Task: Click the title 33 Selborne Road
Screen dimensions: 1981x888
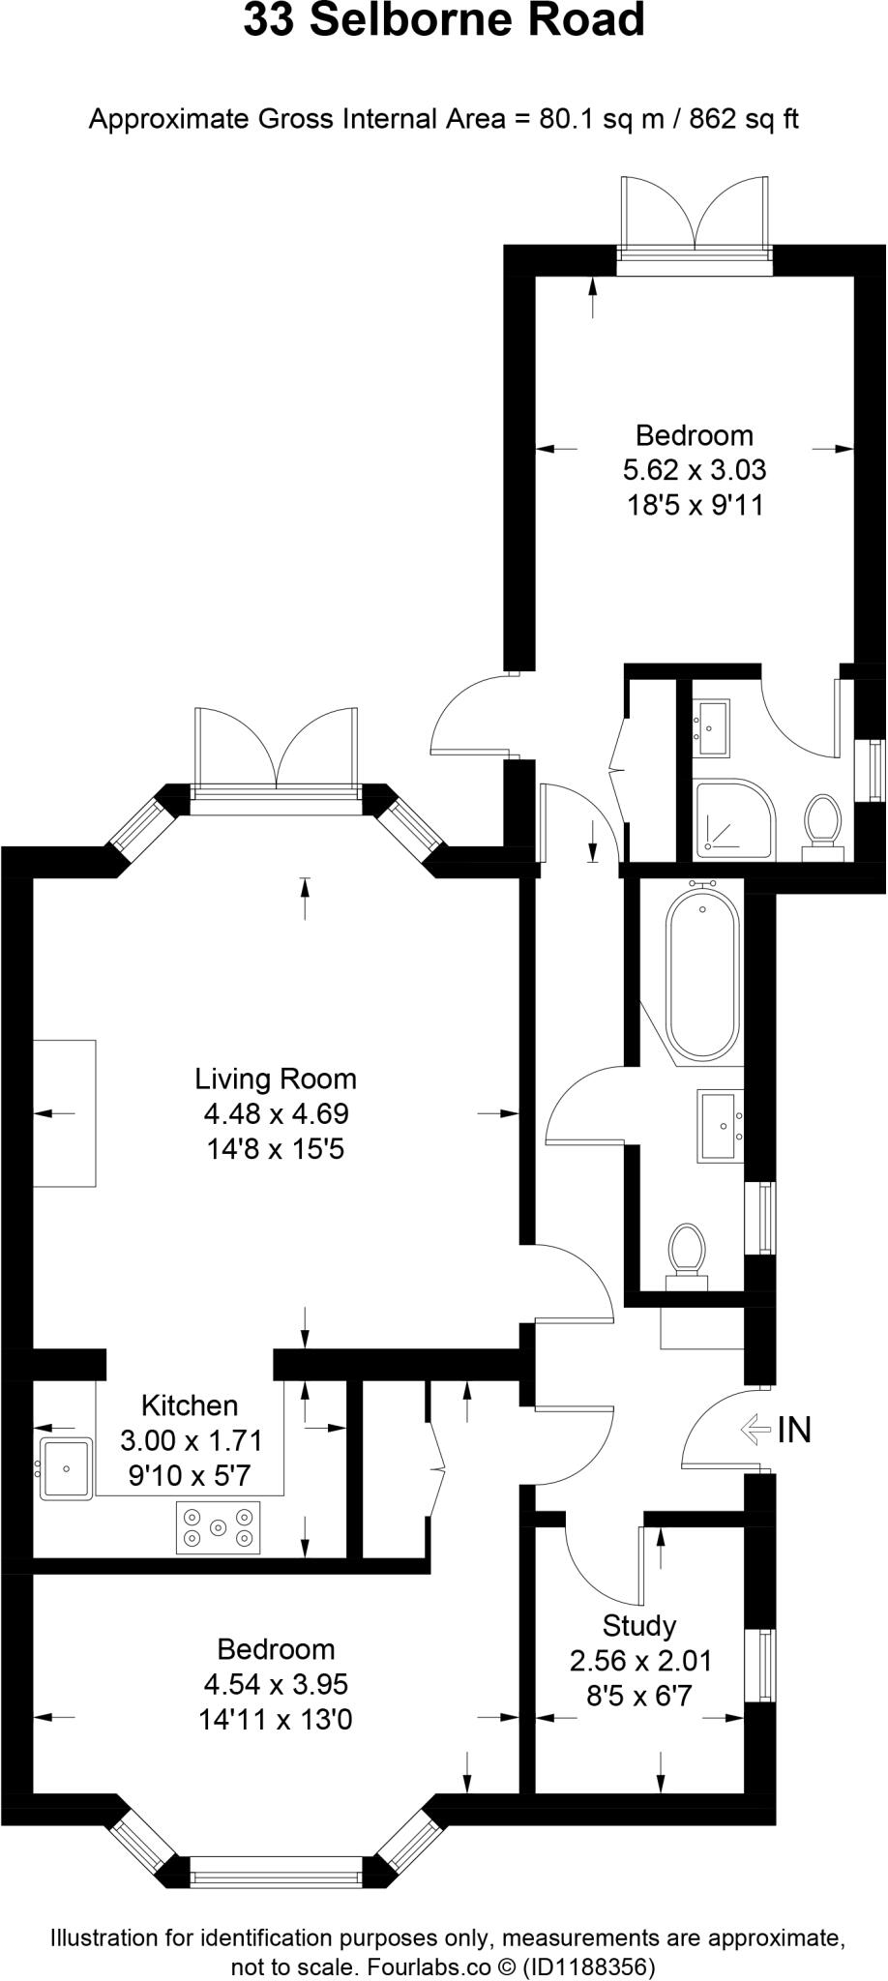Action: (443, 21)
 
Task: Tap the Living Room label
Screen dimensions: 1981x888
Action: (276, 1079)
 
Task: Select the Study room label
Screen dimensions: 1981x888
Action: (638, 1626)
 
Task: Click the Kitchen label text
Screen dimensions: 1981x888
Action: (190, 1405)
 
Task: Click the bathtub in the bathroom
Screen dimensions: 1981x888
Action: (703, 975)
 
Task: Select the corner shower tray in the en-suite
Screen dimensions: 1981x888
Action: (734, 818)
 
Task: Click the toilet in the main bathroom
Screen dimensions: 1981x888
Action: (688, 1254)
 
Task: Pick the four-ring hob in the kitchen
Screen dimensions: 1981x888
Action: (219, 1527)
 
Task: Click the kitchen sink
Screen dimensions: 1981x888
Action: (66, 1469)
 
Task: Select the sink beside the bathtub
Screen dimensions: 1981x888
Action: (721, 1125)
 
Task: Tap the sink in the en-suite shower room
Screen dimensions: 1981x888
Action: (711, 726)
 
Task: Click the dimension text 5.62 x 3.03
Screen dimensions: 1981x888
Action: (695, 470)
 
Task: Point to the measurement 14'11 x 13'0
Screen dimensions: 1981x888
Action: (276, 1720)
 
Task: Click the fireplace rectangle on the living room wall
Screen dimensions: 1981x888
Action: (65, 1112)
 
